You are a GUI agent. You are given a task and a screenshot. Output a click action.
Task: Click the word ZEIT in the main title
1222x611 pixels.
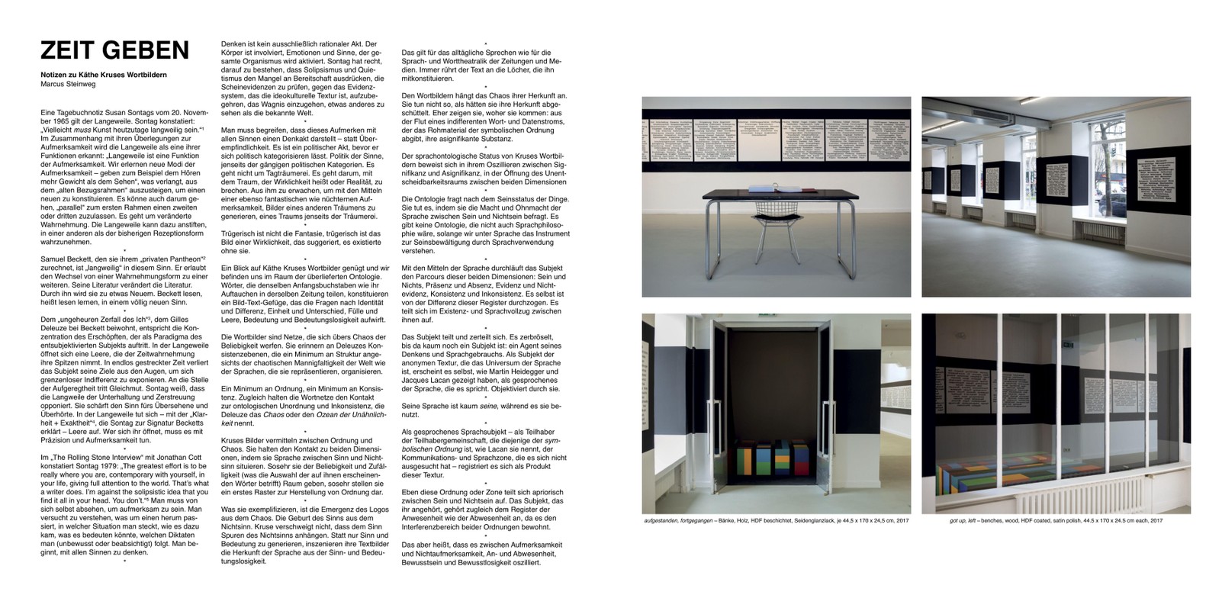tap(67, 50)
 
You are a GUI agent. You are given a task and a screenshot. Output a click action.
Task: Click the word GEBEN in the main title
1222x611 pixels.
tap(146, 50)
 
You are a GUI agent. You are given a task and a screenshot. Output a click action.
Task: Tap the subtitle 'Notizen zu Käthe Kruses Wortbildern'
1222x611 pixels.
tap(104, 75)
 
